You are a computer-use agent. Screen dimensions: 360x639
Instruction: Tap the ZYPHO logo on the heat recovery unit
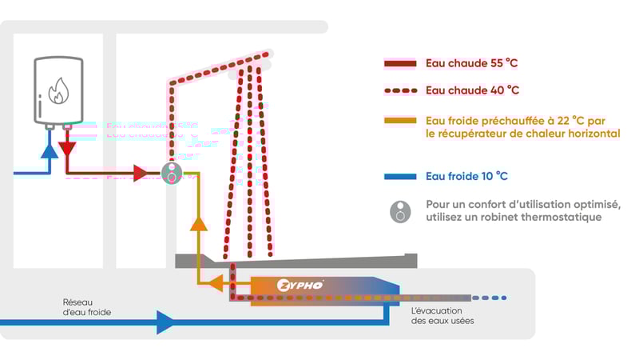(x=300, y=286)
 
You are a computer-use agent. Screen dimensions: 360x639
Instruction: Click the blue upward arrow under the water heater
(x=50, y=149)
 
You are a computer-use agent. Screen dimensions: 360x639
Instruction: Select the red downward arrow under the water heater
(x=68, y=149)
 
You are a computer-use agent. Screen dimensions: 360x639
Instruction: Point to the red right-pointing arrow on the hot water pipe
(x=141, y=173)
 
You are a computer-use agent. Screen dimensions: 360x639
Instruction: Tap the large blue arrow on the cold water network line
(x=166, y=322)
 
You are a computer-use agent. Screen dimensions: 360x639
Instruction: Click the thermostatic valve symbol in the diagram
(x=171, y=173)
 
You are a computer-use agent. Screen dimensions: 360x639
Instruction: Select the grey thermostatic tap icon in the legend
(x=401, y=211)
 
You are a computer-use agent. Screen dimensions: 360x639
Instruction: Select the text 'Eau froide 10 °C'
(x=467, y=176)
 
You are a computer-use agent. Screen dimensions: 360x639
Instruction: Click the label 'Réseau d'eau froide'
(x=87, y=307)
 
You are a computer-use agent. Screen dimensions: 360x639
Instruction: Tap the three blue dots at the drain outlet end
(x=494, y=298)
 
